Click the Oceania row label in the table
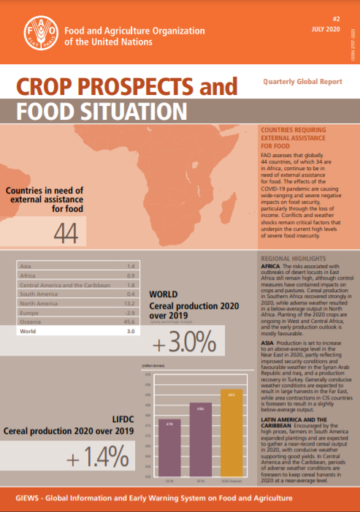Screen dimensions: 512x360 coord(31,321)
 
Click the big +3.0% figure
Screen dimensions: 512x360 coord(183,343)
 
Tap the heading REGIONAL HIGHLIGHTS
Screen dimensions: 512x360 coord(294,259)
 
